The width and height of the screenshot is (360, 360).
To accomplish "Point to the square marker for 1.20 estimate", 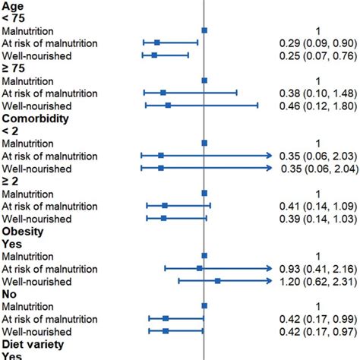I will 217,281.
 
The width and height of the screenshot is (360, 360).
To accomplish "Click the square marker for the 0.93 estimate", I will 199,268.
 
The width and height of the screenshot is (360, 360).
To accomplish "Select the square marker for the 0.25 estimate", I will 154,55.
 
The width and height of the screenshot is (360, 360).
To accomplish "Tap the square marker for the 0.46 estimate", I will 168,106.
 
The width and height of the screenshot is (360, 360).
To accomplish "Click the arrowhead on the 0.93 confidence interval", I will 269,268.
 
